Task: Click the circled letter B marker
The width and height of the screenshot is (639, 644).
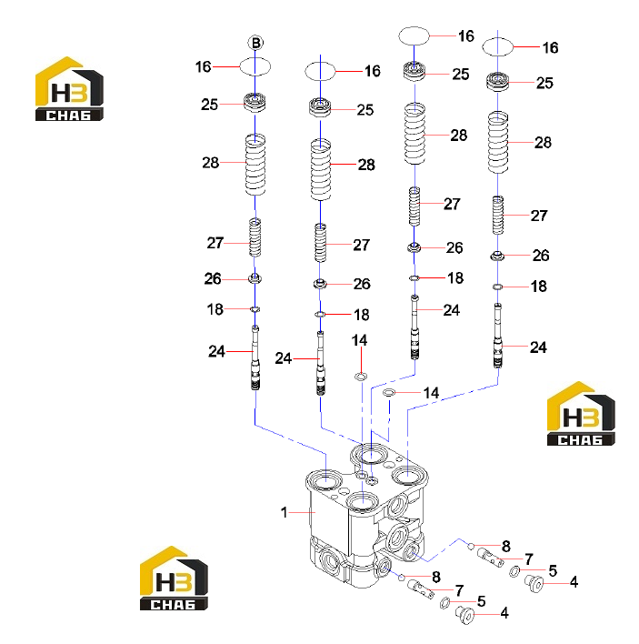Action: pyautogui.click(x=255, y=43)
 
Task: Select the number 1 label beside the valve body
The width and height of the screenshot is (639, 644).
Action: pyautogui.click(x=284, y=512)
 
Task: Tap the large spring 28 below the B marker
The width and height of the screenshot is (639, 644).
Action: pyautogui.click(x=255, y=165)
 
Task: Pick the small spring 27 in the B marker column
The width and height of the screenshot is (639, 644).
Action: pyautogui.click(x=255, y=237)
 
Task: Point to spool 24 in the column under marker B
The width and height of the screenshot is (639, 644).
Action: pyautogui.click(x=255, y=357)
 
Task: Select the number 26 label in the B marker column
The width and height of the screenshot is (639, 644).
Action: pyautogui.click(x=213, y=279)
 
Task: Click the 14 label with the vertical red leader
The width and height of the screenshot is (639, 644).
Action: pyautogui.click(x=359, y=340)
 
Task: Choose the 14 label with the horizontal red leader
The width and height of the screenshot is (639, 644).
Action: pyautogui.click(x=431, y=393)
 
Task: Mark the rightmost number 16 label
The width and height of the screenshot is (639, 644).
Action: pyautogui.click(x=550, y=47)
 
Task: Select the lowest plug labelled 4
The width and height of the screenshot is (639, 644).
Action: pyautogui.click(x=465, y=615)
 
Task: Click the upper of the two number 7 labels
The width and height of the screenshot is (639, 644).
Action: pyautogui.click(x=529, y=559)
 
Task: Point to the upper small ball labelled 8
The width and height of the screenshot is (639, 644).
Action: pyautogui.click(x=471, y=546)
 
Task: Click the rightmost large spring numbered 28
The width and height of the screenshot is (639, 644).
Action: pyautogui.click(x=498, y=142)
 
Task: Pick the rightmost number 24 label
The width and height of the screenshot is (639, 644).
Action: pyautogui.click(x=538, y=347)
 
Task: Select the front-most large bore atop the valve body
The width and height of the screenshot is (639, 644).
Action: pyautogui.click(x=362, y=502)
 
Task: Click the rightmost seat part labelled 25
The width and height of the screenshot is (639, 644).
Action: pyautogui.click(x=498, y=81)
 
